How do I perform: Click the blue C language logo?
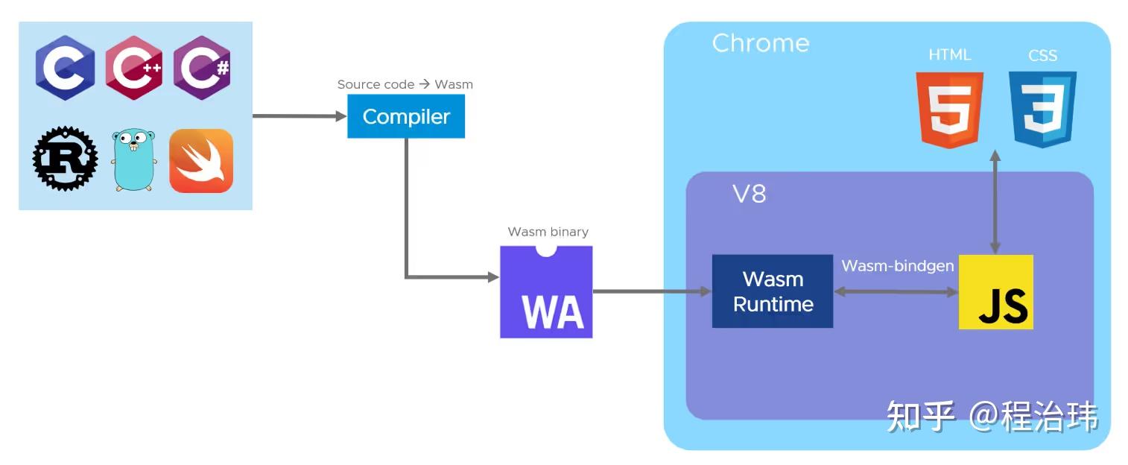(x=66, y=68)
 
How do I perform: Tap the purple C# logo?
(x=201, y=68)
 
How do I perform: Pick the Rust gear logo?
(x=66, y=158)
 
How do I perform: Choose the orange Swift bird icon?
(x=201, y=161)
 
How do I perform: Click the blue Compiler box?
(x=406, y=116)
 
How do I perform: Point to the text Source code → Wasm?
(x=405, y=84)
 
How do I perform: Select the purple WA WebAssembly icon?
(x=546, y=292)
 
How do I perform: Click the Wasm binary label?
(x=548, y=232)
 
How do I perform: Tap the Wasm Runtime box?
(x=773, y=291)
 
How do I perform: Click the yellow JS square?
(x=995, y=292)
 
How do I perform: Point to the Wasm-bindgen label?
(x=897, y=266)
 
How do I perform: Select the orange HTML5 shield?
(x=950, y=109)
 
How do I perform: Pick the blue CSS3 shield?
(x=1042, y=109)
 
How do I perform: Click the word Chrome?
(x=760, y=43)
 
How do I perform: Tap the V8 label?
(x=748, y=194)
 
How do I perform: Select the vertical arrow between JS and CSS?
(x=994, y=201)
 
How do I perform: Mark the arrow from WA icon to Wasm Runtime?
(x=652, y=291)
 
